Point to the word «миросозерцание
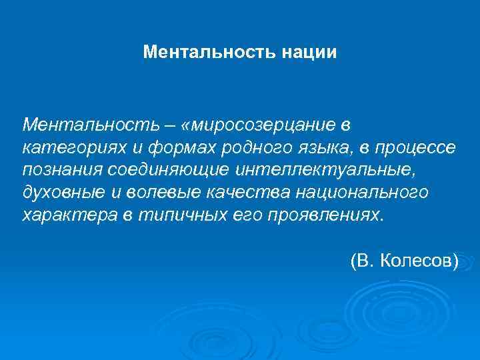tap(256, 125)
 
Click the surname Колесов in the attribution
tap(418, 261)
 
